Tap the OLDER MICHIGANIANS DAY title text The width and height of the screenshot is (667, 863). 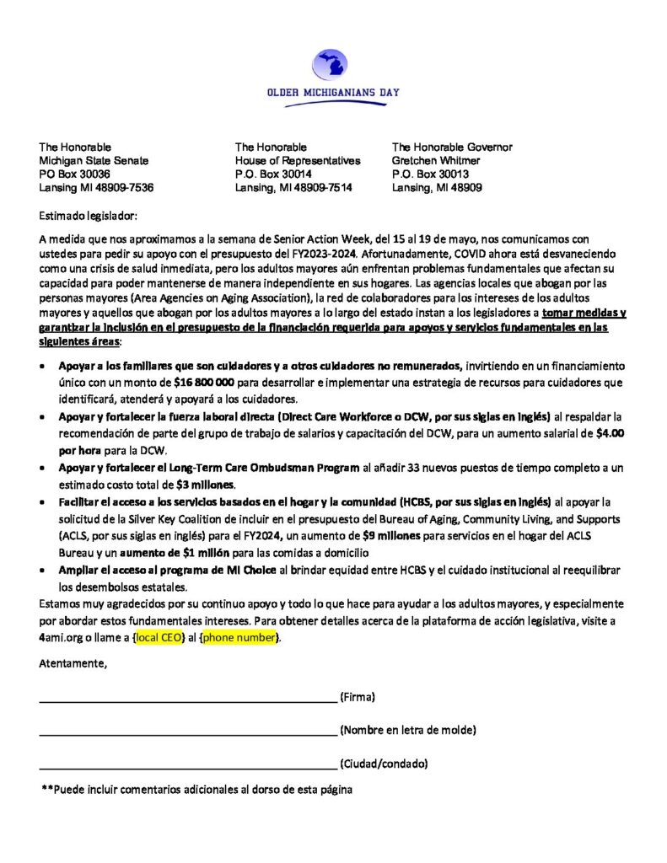332,92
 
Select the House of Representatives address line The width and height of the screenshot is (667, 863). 298,160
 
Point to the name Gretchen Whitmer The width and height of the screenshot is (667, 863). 436,160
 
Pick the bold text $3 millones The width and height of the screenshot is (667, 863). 203,485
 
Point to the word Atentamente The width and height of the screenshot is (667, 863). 73,664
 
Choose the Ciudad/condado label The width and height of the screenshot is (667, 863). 384,764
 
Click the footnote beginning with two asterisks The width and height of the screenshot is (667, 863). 196,790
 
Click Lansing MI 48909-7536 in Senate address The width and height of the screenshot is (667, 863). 96,187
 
